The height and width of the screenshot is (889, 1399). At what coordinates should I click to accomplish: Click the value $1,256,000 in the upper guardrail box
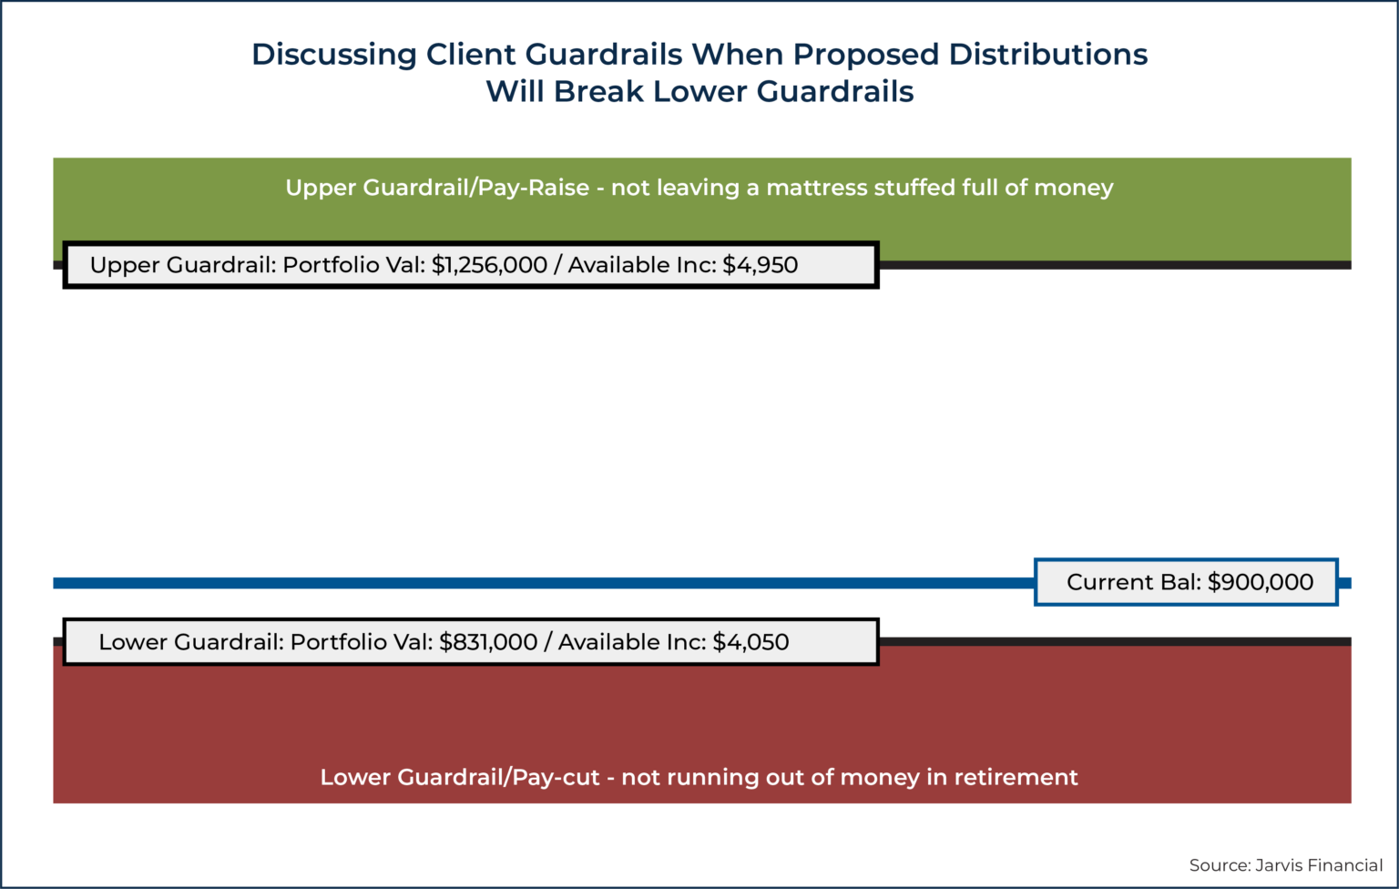[489, 265]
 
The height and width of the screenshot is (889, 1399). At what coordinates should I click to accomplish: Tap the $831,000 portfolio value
[488, 642]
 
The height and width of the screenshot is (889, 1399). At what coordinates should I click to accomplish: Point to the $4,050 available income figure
[751, 642]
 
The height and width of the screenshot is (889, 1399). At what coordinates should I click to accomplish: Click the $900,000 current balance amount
[1261, 582]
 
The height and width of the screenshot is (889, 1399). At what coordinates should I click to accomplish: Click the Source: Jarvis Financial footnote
[1285, 865]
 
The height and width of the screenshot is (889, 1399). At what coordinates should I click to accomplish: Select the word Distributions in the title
[1048, 55]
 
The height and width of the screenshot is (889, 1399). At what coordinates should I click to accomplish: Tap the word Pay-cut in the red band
[556, 777]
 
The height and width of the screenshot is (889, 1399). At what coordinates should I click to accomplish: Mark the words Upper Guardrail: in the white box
[182, 265]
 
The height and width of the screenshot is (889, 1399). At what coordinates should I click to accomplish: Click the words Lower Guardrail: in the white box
[190, 642]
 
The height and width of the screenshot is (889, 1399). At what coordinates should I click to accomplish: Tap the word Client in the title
[471, 55]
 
